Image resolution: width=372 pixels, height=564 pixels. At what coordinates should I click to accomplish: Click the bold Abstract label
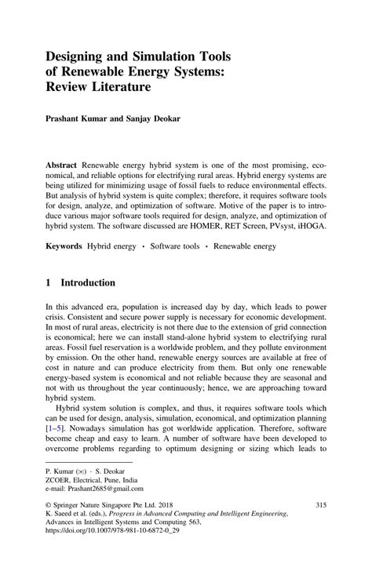point(64,167)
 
